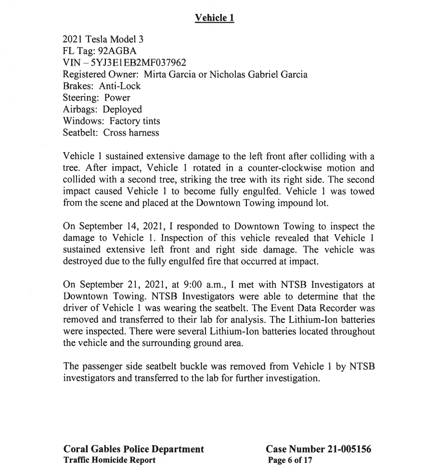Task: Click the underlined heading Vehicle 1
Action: click(214, 18)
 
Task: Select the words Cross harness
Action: click(131, 132)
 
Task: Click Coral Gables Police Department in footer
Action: click(134, 449)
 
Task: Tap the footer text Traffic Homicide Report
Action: click(110, 460)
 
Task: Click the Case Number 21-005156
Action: click(319, 449)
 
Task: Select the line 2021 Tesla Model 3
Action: click(103, 40)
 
